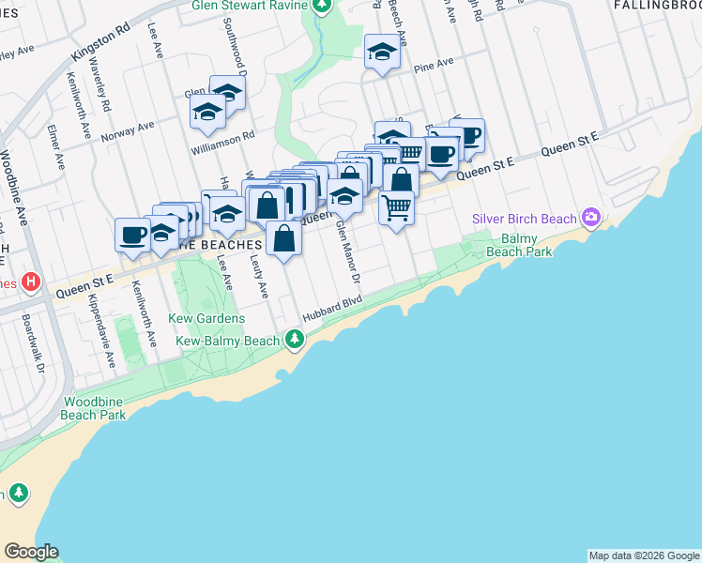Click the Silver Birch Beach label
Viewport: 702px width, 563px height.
coord(524,219)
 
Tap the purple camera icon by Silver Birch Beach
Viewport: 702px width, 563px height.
coord(590,219)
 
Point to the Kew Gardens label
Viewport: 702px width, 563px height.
coord(206,318)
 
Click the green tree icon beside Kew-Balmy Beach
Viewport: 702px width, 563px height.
coord(296,338)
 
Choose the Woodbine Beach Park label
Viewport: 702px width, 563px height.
coord(94,408)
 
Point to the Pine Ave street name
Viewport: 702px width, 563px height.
coord(434,65)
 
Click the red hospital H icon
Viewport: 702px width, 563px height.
coord(32,281)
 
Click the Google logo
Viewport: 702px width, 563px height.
coord(31,552)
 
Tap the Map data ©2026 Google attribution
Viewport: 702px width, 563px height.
coord(643,555)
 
